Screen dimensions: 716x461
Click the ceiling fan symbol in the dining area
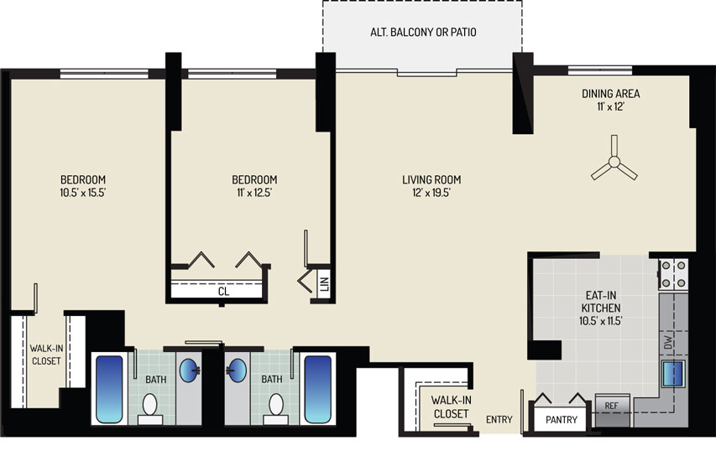click(x=614, y=162)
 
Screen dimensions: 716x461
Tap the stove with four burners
click(x=673, y=274)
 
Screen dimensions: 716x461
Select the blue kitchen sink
click(x=673, y=374)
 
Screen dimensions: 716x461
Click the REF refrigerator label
click(x=611, y=406)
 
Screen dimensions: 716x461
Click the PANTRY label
click(x=562, y=419)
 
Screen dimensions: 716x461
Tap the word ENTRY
click(x=499, y=419)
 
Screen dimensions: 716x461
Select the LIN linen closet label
click(x=325, y=284)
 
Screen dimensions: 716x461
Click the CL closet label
click(x=223, y=292)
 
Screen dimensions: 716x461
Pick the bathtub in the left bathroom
click(x=110, y=389)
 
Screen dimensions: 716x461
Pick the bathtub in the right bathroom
click(x=318, y=389)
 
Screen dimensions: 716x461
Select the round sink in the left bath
click(x=189, y=370)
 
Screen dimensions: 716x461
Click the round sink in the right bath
click(x=237, y=370)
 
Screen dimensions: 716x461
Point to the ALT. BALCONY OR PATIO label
click(x=423, y=33)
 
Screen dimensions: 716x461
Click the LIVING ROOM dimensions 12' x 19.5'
click(x=431, y=193)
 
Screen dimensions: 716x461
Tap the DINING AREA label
click(x=610, y=94)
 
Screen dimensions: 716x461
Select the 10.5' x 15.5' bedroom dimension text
click(x=82, y=193)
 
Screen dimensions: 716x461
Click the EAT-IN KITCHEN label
click(x=601, y=302)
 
